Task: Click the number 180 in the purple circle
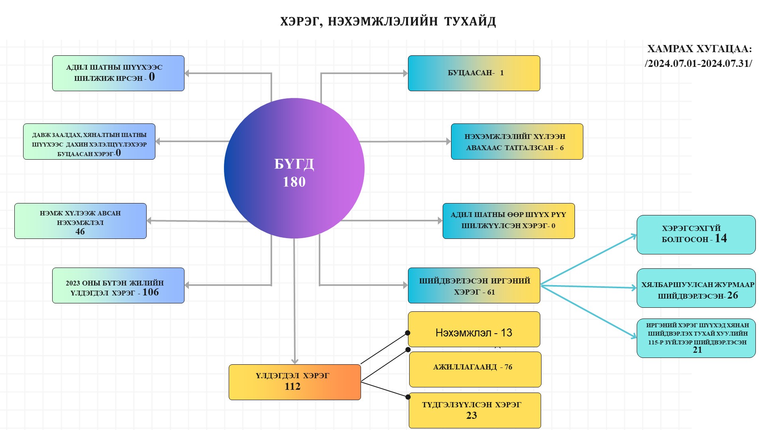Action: pos(294,182)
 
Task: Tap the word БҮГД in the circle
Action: pos(294,164)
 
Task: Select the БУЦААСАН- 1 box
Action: pos(474,73)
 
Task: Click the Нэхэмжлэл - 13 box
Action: pos(474,330)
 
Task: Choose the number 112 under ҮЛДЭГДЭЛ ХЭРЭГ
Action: pos(292,387)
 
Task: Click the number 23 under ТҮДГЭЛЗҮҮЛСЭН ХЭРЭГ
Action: pos(471,416)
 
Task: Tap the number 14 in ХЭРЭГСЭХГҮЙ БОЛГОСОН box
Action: pos(721,238)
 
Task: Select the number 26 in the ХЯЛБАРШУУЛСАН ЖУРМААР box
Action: pos(732,295)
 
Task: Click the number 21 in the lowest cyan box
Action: pos(697,350)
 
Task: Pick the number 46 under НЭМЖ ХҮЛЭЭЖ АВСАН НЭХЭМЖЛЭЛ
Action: pos(80,232)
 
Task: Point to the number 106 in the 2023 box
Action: pos(151,292)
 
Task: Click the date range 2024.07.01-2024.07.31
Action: pos(698,64)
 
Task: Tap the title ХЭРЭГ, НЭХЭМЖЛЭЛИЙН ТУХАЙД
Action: pos(388,21)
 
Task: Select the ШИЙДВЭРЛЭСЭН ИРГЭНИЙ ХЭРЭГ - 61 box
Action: pos(474,285)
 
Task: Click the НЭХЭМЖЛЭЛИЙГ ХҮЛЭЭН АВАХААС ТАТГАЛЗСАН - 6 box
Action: pos(517,142)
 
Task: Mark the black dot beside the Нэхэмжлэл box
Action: pos(408,333)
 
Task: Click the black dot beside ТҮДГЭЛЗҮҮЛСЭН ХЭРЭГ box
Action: pos(408,397)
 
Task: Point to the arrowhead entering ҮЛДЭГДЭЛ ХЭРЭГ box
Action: pos(294,362)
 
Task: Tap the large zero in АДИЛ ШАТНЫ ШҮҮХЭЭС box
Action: pos(152,77)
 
